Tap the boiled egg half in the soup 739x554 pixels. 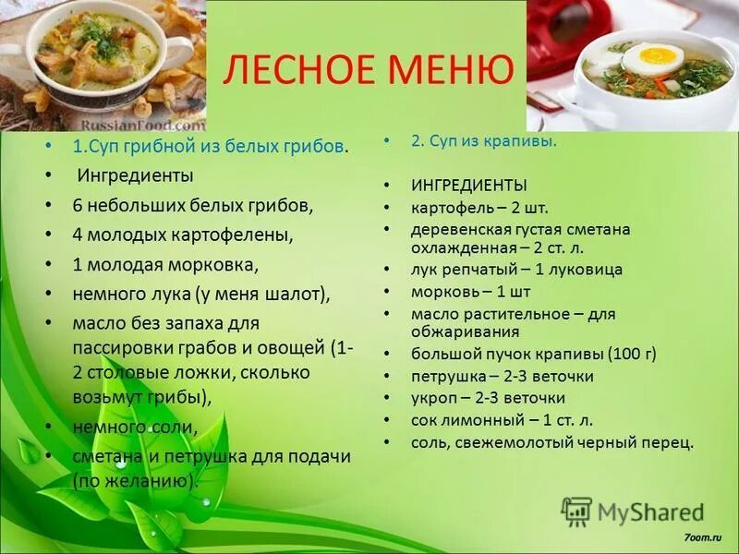(x=652, y=59)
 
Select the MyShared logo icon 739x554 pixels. (x=576, y=511)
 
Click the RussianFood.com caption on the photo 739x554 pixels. (x=143, y=123)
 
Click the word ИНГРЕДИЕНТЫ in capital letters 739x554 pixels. (x=469, y=185)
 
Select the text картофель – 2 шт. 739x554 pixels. (x=466, y=207)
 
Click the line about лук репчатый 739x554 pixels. (x=516, y=270)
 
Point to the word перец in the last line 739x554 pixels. (x=666, y=442)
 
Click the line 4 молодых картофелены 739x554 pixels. (x=183, y=235)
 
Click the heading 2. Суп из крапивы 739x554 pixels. (x=483, y=141)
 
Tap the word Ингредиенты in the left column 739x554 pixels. (x=135, y=175)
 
